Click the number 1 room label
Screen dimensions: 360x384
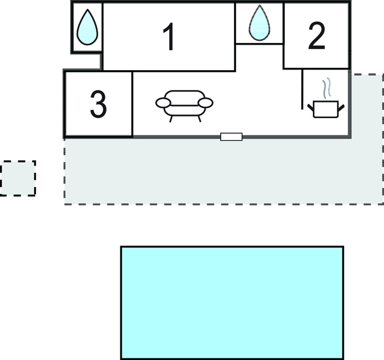pos(169,38)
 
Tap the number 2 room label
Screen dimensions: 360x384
pos(316,37)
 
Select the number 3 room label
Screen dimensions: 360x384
pos(98,105)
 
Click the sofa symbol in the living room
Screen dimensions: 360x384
pos(184,104)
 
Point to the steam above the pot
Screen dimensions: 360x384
pos(327,88)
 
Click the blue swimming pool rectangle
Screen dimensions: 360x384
pos(232,303)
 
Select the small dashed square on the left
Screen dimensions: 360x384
pos(18,178)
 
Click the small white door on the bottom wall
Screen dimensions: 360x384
pos(231,136)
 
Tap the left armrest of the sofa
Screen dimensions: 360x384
pos(164,103)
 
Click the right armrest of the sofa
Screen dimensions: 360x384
pos(205,103)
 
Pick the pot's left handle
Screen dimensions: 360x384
pos(311,104)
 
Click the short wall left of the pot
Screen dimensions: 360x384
pos(302,89)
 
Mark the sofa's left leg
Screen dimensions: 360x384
pos(172,117)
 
